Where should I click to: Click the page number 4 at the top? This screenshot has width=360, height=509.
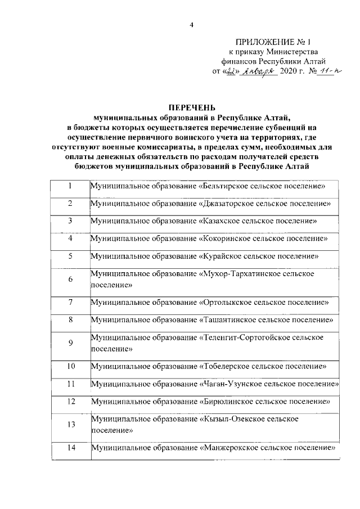point(191,25)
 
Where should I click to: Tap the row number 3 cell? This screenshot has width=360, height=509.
point(70,221)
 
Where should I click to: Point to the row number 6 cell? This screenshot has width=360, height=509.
point(70,280)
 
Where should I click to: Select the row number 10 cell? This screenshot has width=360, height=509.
point(70,367)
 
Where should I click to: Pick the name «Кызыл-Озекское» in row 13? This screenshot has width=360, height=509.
point(229,420)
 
